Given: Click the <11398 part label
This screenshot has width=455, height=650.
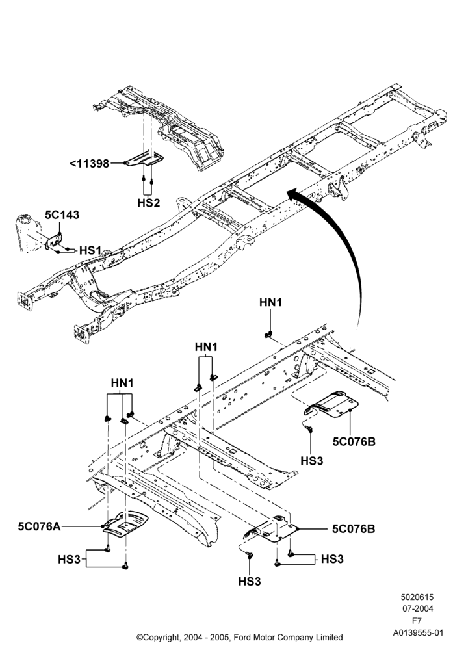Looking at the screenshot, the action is pos(89,163).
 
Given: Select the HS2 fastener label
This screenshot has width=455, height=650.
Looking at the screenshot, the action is pos(148,203).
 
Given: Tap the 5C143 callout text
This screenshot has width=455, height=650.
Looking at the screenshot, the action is pos(62,214).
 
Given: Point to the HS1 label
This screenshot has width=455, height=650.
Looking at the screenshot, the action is pos(90,250).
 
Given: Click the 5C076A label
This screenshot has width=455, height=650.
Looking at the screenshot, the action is pos(39,526).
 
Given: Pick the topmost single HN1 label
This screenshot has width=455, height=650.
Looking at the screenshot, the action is pos(270,303).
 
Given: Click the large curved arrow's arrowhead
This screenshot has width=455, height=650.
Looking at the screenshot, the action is pos(296,194).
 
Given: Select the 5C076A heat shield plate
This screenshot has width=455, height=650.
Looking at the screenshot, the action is pos(125,523).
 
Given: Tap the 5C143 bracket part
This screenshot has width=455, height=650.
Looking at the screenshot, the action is pos(54,241).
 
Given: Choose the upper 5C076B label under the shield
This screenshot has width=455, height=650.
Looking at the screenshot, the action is pos(354,441).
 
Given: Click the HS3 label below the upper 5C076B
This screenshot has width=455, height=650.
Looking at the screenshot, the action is pos(311,461).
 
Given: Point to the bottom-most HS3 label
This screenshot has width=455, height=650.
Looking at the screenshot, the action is pos(250,582).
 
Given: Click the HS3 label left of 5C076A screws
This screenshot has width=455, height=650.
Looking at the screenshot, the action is pos(69,559).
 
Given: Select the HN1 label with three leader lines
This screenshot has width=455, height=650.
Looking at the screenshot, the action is pos(122,383).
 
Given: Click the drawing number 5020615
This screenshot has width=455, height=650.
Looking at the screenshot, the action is pos(417,597).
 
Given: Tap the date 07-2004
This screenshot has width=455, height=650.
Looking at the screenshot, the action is pos(418,609).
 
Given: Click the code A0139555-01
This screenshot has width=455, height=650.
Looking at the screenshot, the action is pos(418,633).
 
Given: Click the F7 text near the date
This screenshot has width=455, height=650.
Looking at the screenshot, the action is pos(417,621).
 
